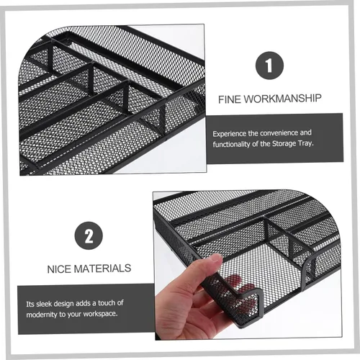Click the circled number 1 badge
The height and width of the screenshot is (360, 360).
269,66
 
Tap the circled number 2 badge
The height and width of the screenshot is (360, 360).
89,235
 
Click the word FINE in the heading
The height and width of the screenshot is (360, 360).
229,99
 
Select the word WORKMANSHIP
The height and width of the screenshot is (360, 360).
282,99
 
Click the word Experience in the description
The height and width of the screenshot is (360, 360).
230,134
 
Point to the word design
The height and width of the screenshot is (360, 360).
65,304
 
